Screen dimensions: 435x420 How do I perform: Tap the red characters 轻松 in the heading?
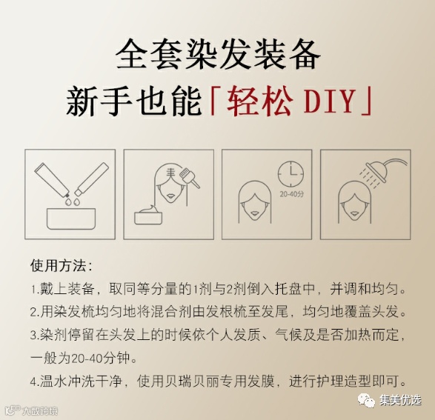pos(259,100)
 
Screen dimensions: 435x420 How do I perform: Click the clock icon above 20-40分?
pos(290,174)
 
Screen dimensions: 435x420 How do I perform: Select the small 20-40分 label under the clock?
pos(291,194)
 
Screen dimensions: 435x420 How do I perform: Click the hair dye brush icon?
pos(189,178)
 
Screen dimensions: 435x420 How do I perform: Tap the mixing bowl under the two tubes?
pos(71,219)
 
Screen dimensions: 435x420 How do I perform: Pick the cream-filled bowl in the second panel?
pos(148,215)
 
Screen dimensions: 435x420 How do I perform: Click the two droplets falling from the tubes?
pos(72,201)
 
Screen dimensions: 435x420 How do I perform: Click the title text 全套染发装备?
pos(218,54)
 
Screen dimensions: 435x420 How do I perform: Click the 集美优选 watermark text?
pos(400,401)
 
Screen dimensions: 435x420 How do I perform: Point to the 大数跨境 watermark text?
pos(40,410)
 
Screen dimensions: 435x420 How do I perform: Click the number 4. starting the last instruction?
pos(35,381)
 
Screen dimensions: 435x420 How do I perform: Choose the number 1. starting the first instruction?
pos(35,289)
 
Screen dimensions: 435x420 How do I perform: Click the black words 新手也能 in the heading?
pos(133,101)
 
